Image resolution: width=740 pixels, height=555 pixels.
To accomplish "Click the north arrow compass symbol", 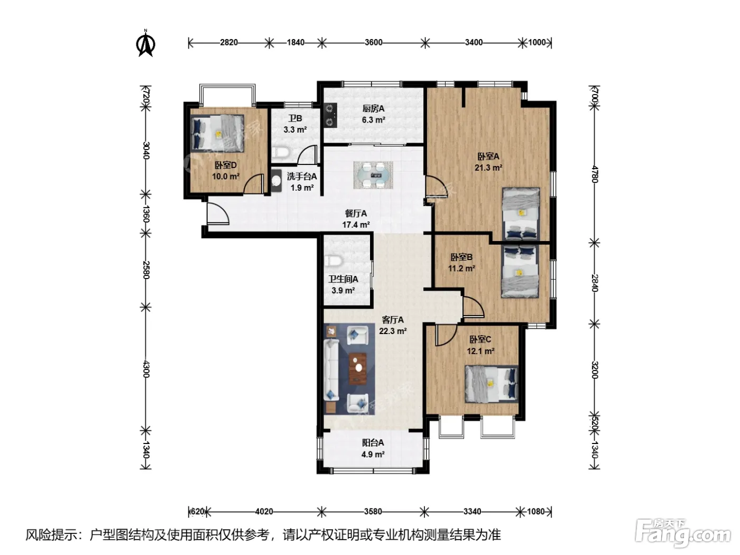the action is pyautogui.click(x=146, y=43).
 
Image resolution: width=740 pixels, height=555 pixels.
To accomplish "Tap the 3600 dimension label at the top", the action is pyautogui.click(x=374, y=42).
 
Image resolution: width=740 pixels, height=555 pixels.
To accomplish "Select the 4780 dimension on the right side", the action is pyautogui.click(x=595, y=174).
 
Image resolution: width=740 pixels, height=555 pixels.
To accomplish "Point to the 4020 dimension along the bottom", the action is pyautogui.click(x=264, y=512).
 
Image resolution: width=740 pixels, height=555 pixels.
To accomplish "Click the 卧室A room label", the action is pyautogui.click(x=488, y=156).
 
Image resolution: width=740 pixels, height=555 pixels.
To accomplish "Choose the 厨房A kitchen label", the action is pyautogui.click(x=373, y=108).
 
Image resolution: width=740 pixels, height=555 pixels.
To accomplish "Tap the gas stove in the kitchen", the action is pyautogui.click(x=330, y=115).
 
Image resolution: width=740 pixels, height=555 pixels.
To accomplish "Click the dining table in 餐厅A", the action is pyautogui.click(x=373, y=175).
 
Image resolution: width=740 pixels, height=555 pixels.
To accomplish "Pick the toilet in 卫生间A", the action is pyautogui.click(x=334, y=261).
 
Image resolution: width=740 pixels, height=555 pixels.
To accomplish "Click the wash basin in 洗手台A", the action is pyautogui.click(x=276, y=181).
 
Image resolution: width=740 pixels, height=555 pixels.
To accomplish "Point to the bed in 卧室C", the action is pyautogui.click(x=492, y=384).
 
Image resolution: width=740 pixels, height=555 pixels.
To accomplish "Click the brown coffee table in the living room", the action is pyautogui.click(x=358, y=368).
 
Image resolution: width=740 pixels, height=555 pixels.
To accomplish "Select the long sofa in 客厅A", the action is pyautogui.click(x=331, y=369).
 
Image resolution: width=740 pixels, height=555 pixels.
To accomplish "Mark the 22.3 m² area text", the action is pyautogui.click(x=393, y=331).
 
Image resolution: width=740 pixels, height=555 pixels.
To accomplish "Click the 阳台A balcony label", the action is pyautogui.click(x=373, y=442).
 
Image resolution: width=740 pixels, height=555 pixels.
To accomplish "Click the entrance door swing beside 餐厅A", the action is pyautogui.click(x=218, y=214).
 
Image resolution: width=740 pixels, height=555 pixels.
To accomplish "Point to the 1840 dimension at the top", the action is pyautogui.click(x=295, y=42).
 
